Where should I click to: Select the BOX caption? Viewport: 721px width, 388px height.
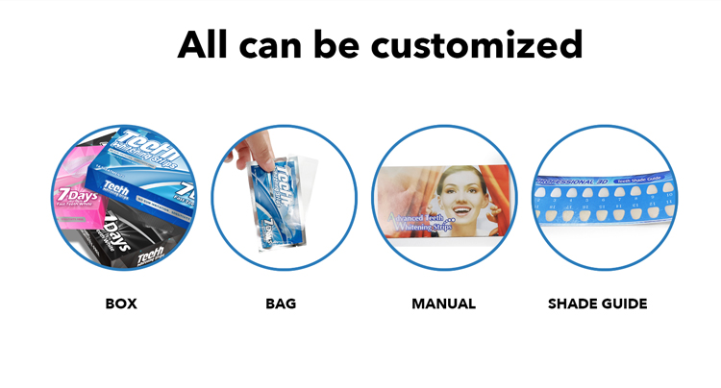[121, 304]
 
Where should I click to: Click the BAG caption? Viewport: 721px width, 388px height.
[281, 304]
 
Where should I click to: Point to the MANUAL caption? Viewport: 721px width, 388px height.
[443, 304]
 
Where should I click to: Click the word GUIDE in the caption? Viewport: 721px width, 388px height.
[624, 304]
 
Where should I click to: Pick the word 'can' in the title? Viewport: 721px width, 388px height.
[275, 44]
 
